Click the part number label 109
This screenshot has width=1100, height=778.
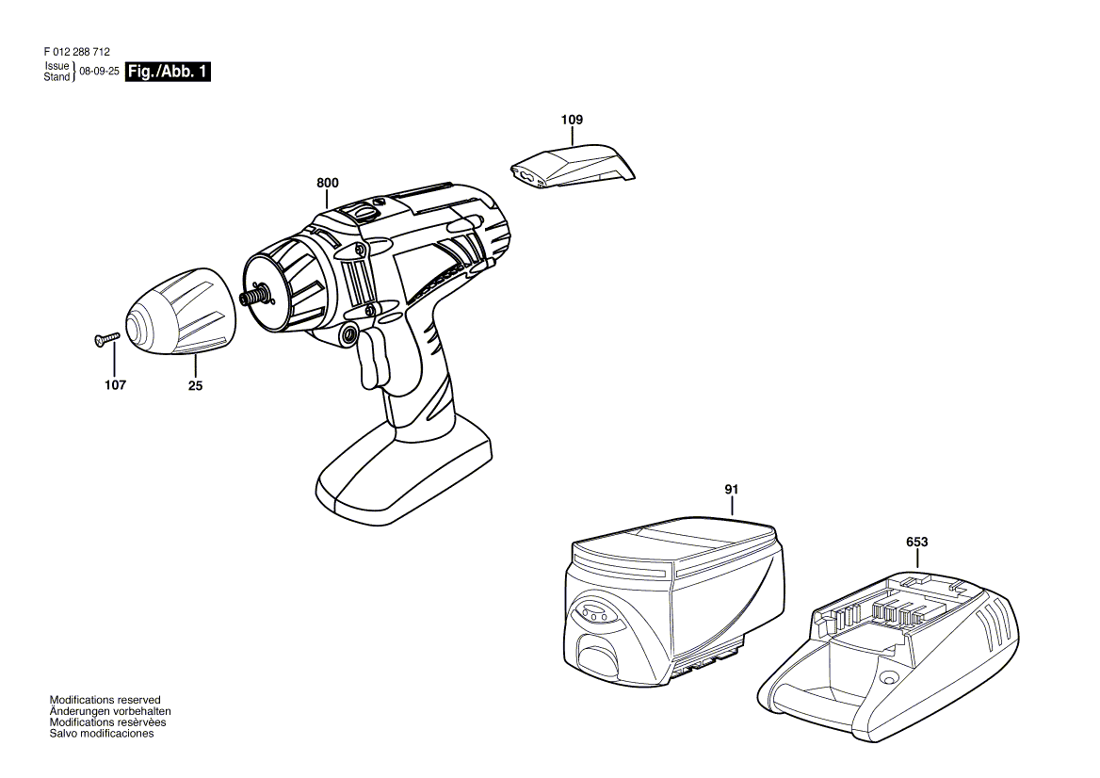[x=572, y=120]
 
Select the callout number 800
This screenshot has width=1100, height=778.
[x=327, y=182]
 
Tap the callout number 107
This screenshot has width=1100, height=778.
[x=115, y=384]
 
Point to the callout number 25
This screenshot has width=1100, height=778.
[x=195, y=384]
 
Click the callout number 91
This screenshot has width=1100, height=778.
[x=732, y=489]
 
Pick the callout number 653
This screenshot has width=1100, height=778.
[x=916, y=542]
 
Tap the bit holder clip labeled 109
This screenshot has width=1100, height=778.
[x=573, y=166]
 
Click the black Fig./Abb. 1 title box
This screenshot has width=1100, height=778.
[x=168, y=72]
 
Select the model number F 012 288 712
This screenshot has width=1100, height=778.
[x=83, y=53]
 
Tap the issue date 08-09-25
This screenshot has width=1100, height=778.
[x=99, y=73]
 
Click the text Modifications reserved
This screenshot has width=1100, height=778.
[x=105, y=700]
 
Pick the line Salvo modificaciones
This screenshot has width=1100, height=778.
[x=101, y=734]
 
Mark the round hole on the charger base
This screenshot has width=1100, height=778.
[x=886, y=678]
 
